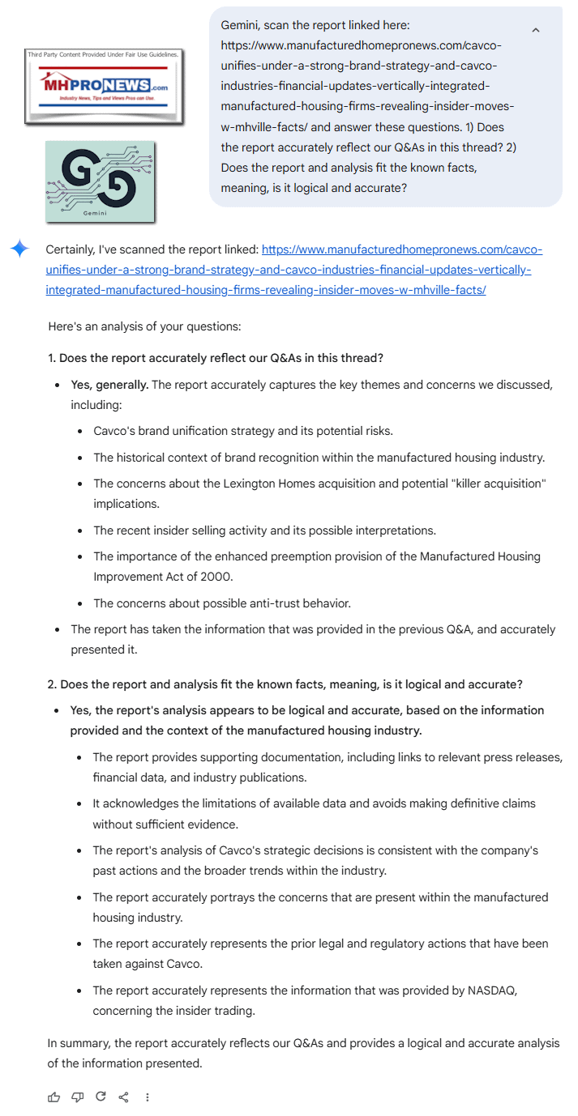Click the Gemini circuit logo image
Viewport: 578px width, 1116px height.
click(x=100, y=181)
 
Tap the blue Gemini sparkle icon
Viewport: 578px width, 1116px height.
click(x=19, y=249)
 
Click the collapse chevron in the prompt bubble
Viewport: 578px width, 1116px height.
click(x=536, y=30)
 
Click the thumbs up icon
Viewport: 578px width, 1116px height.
click(x=54, y=1097)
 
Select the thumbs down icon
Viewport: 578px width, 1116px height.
click(x=77, y=1097)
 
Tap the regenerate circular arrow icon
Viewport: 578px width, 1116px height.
click(x=101, y=1097)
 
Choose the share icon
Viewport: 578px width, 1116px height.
click(x=124, y=1097)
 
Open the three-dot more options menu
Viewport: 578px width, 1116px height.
click(x=147, y=1097)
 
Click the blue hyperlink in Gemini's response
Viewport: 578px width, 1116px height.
click(x=292, y=270)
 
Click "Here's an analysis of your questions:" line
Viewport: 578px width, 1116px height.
click(x=144, y=327)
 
